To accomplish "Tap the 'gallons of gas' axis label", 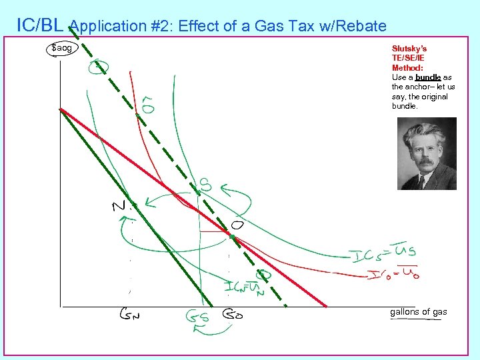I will (418, 312).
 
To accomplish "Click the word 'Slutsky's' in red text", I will (409, 49).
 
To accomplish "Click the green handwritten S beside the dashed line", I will (206, 185).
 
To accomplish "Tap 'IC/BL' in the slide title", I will (39, 25).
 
